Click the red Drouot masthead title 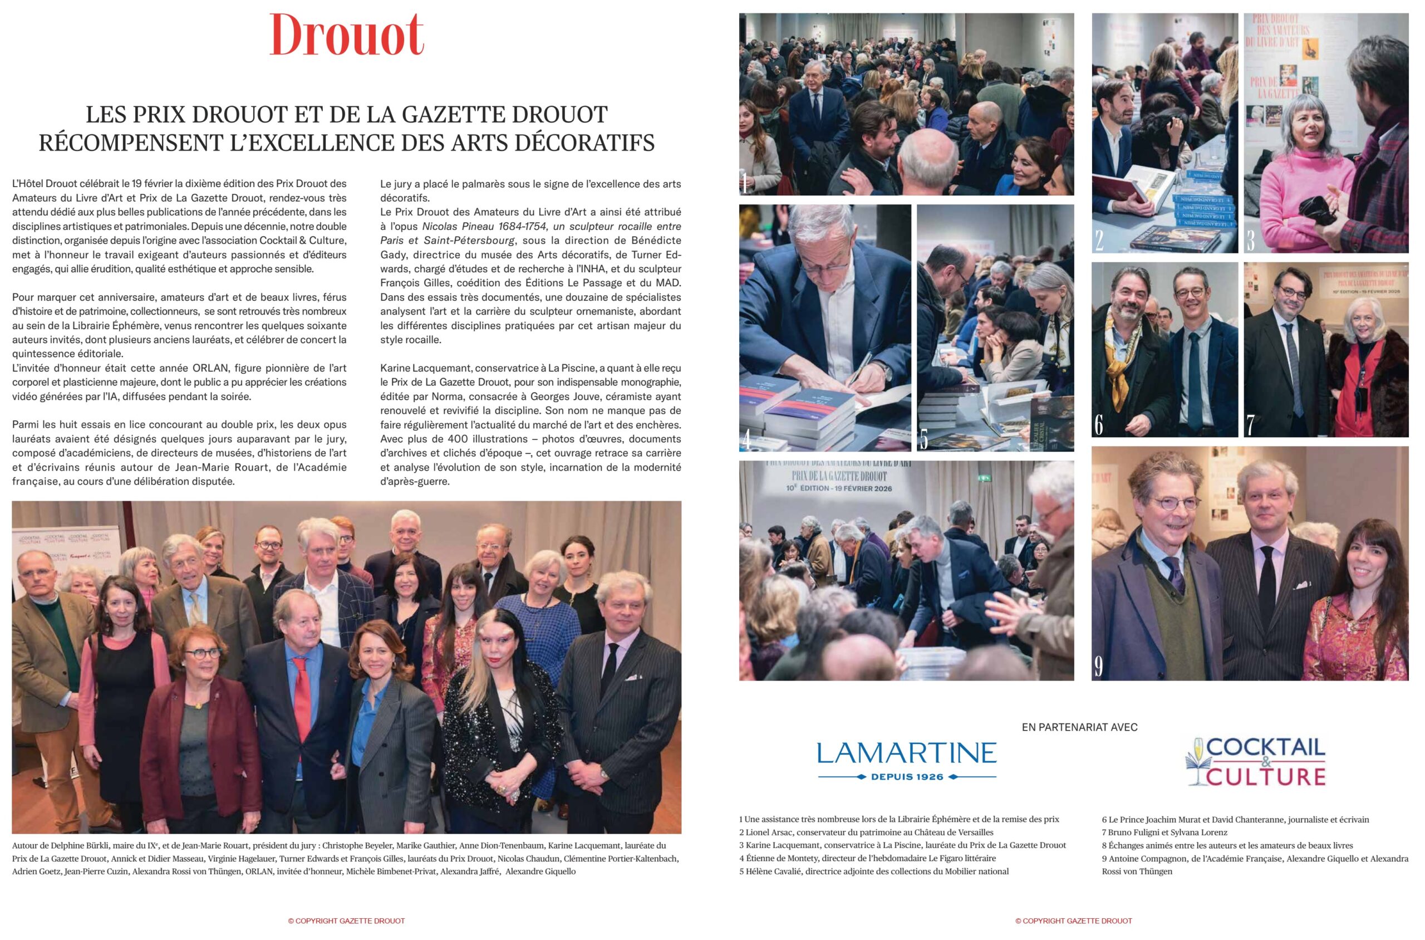click(346, 35)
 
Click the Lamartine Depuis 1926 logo click(906, 760)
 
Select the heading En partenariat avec click(1079, 727)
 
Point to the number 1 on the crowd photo click(745, 183)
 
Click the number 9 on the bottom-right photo click(1098, 666)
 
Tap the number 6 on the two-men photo click(1098, 424)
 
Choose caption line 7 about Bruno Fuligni click(1164, 832)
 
